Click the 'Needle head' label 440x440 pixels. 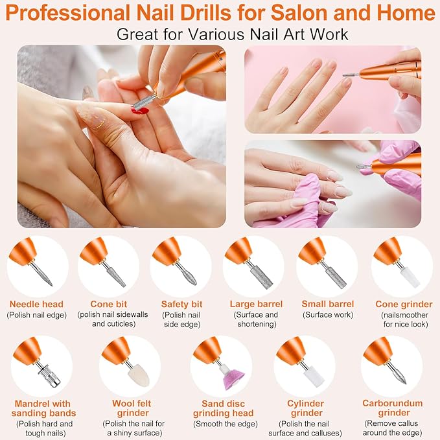[37, 304]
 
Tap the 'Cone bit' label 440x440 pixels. [109, 304]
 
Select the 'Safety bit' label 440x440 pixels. [181, 304]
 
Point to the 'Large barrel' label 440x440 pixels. [254, 304]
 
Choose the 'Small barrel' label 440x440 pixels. [327, 304]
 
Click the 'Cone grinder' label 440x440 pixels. [404, 304]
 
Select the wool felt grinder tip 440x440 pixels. [137, 373]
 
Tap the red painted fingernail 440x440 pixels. [139, 110]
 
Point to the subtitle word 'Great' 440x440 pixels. [138, 34]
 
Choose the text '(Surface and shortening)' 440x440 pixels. [254, 319]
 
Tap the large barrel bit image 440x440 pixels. [261, 275]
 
